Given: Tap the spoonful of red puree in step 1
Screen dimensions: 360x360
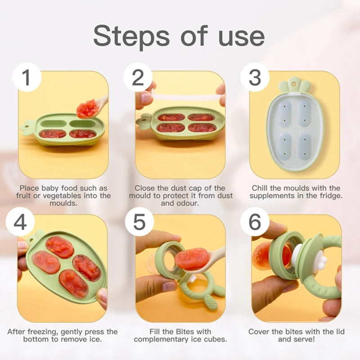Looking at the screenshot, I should pos(86,108).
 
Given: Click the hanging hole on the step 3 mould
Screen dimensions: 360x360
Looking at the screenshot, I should pos(295,82).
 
